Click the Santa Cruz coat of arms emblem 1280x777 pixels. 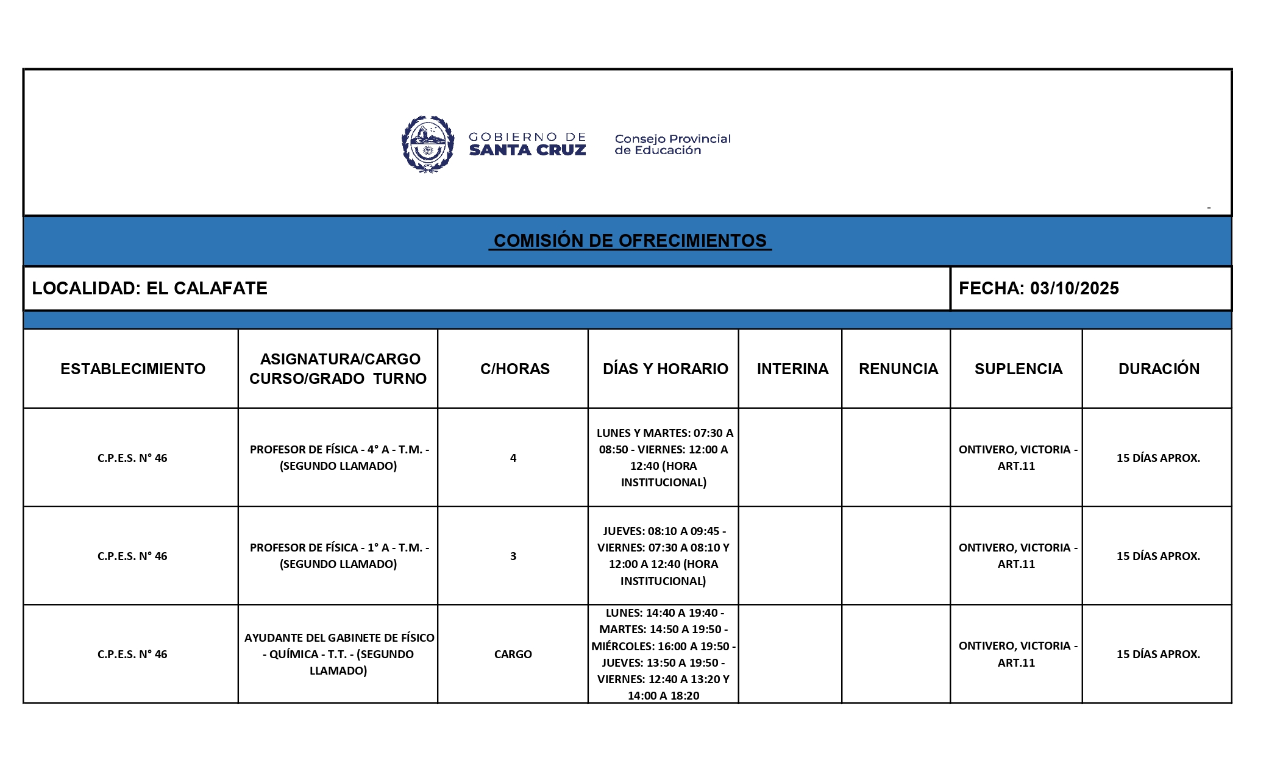(428, 144)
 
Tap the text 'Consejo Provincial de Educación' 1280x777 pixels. (672, 144)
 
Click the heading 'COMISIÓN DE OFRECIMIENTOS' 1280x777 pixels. (630, 241)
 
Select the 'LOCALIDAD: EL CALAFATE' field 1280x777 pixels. (150, 288)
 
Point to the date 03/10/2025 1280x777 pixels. (1074, 288)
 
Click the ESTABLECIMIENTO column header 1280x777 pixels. (133, 369)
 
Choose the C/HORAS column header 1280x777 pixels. (514, 369)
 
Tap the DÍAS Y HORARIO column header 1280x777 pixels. (665, 369)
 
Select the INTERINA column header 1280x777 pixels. (792, 369)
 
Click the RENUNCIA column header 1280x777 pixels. (898, 369)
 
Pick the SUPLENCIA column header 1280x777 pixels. (1018, 369)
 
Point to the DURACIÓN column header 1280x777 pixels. (1158, 369)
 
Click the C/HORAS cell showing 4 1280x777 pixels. (513, 458)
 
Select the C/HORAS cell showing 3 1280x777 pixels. (513, 556)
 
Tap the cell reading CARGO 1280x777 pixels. (513, 654)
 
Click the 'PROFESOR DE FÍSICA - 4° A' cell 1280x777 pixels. (339, 458)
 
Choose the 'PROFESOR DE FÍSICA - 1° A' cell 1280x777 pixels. (339, 556)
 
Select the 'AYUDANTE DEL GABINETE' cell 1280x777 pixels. (339, 654)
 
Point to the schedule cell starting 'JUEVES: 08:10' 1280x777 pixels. (663, 556)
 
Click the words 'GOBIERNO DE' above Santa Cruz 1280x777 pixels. (527, 137)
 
